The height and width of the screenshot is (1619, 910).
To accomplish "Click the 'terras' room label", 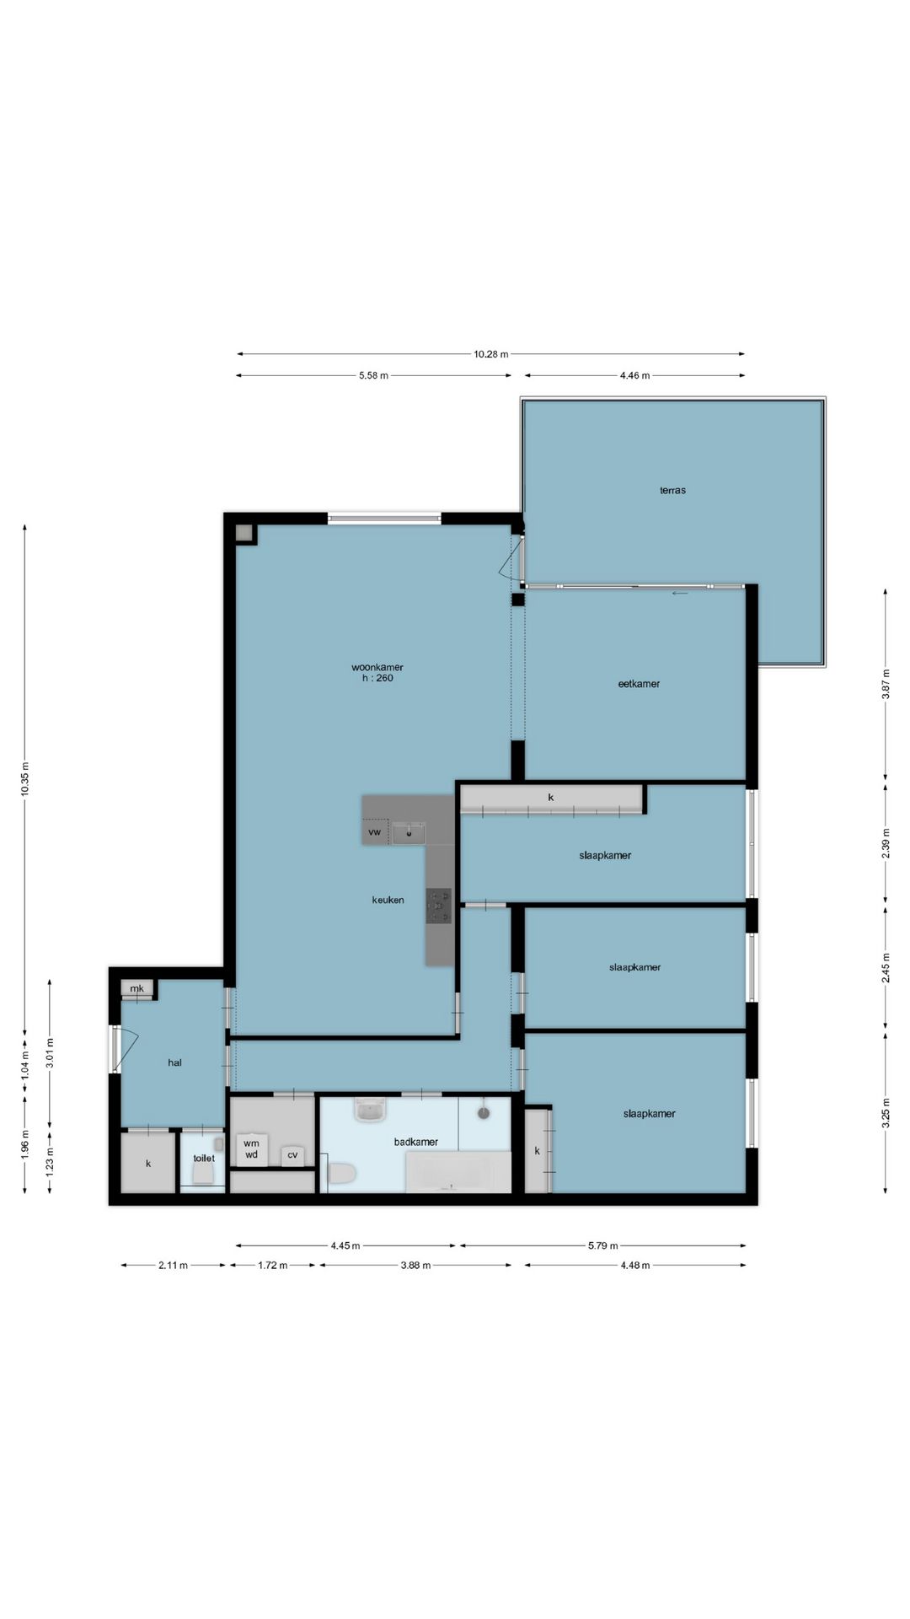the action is click(x=672, y=490).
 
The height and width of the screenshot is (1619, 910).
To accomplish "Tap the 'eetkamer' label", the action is click(x=639, y=684).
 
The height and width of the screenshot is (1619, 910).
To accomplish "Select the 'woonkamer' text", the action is click(x=377, y=667).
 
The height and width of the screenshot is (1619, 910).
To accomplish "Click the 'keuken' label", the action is click(x=388, y=900).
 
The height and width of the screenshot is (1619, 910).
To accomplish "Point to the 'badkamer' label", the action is click(x=416, y=1142).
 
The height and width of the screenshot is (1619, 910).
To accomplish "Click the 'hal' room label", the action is click(x=174, y=1062).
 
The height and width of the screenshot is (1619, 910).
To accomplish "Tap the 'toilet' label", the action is click(x=204, y=1159).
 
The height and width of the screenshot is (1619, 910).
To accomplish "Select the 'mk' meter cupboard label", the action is click(x=136, y=988).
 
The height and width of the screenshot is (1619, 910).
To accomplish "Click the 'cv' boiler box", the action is click(x=292, y=1155).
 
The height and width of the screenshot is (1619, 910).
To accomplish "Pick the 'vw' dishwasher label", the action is click(x=375, y=832).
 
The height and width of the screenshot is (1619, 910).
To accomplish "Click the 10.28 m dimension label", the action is click(x=491, y=354).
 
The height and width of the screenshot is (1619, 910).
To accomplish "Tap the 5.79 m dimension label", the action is click(x=603, y=1245).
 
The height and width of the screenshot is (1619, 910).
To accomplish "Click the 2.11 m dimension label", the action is click(x=174, y=1265).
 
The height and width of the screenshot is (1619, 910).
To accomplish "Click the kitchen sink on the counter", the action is click(x=409, y=832).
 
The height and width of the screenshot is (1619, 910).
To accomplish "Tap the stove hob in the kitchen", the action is click(x=438, y=905).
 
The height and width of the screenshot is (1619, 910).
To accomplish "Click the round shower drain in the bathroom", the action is click(x=484, y=1113).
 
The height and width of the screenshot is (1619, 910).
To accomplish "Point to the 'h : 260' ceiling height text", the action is click(x=377, y=678).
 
